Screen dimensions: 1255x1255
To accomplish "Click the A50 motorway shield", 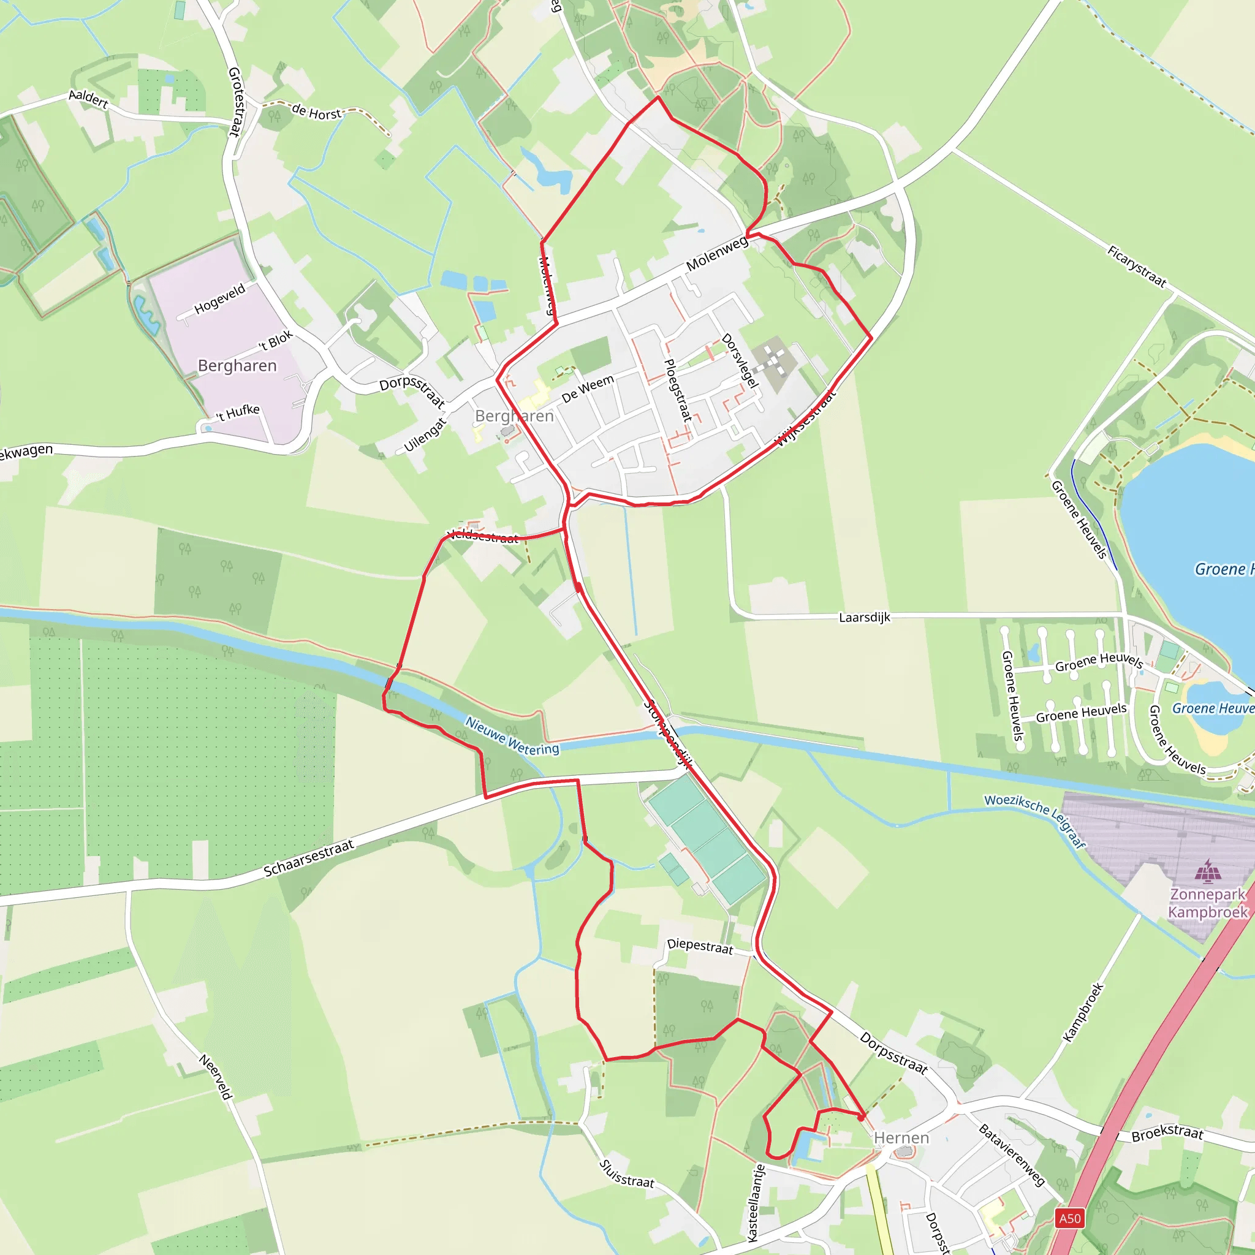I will click(1070, 1218).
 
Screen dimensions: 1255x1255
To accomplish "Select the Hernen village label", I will click(901, 1137).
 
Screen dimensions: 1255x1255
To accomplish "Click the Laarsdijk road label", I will click(864, 617).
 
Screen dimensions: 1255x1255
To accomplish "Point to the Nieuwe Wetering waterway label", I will click(512, 736).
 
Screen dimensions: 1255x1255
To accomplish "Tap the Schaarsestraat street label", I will click(309, 858).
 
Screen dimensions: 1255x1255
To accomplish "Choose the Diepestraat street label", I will click(700, 946).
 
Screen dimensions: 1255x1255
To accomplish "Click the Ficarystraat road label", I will click(1137, 267).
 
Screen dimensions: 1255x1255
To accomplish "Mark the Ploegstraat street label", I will click(678, 390).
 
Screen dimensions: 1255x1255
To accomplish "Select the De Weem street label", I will click(587, 389).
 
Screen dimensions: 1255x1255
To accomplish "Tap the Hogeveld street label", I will click(219, 298).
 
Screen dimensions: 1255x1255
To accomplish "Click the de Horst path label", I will click(316, 112).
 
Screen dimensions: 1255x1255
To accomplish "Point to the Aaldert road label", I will click(88, 99).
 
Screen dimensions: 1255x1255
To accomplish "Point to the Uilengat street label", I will click(425, 434).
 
